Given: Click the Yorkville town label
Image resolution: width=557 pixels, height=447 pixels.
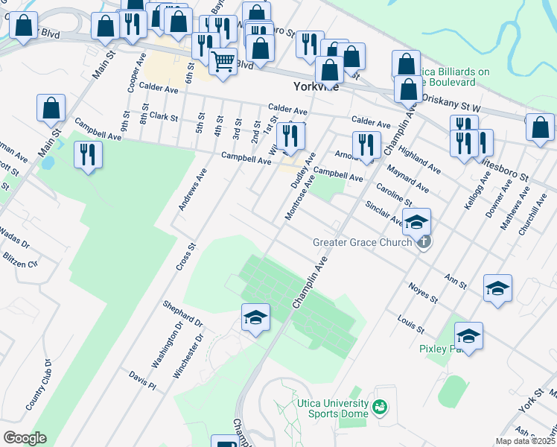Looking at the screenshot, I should pyautogui.click(x=317, y=86).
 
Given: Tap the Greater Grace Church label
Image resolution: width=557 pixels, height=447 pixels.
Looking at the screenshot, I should pyautogui.click(x=363, y=242).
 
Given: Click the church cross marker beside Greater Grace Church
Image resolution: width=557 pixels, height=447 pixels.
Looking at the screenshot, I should pyautogui.click(x=424, y=241).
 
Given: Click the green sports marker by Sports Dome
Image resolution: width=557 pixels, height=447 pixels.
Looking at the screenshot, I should pyautogui.click(x=381, y=407).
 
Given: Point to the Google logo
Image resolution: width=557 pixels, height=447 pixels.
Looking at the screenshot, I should pyautogui.click(x=24, y=437).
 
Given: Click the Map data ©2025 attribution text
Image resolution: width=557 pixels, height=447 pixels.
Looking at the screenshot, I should pyautogui.click(x=524, y=441).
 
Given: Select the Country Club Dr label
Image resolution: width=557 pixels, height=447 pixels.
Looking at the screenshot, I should pyautogui.click(x=38, y=385).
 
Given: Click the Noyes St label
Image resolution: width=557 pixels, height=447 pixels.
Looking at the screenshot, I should pyautogui.click(x=423, y=291).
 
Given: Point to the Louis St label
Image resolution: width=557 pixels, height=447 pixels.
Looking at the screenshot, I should pyautogui.click(x=410, y=324).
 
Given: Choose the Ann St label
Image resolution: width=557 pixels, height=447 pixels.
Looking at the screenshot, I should pyautogui.click(x=454, y=281).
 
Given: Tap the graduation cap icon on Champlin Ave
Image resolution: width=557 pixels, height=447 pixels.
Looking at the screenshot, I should pyautogui.click(x=255, y=318).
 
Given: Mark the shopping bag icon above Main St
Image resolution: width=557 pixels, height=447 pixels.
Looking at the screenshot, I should pyautogui.click(x=50, y=108).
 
